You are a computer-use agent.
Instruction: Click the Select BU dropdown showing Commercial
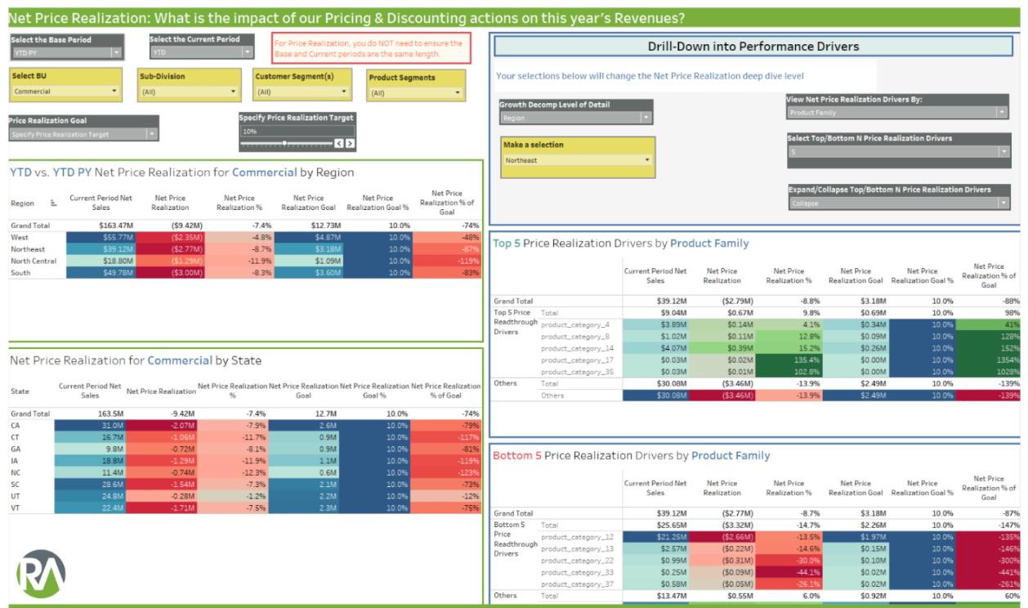[x=66, y=92]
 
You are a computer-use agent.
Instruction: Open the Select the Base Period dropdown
[x=66, y=52]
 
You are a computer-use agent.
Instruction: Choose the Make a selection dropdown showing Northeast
[x=578, y=160]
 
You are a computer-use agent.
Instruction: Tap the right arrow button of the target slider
[x=350, y=144]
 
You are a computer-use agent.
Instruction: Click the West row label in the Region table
[x=20, y=237]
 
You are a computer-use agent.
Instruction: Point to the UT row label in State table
[x=16, y=496]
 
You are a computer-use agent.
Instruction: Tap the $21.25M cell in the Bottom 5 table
[x=655, y=537]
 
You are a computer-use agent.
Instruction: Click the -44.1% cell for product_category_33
[x=789, y=572]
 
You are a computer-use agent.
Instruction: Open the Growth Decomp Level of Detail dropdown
[x=576, y=118]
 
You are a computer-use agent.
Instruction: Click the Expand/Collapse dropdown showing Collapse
[x=898, y=203]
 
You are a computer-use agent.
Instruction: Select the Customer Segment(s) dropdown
[x=302, y=92]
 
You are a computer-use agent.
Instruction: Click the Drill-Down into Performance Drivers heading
[x=753, y=47]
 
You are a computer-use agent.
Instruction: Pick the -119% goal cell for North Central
[x=447, y=261]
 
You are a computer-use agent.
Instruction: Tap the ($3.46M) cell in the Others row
[x=722, y=396]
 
